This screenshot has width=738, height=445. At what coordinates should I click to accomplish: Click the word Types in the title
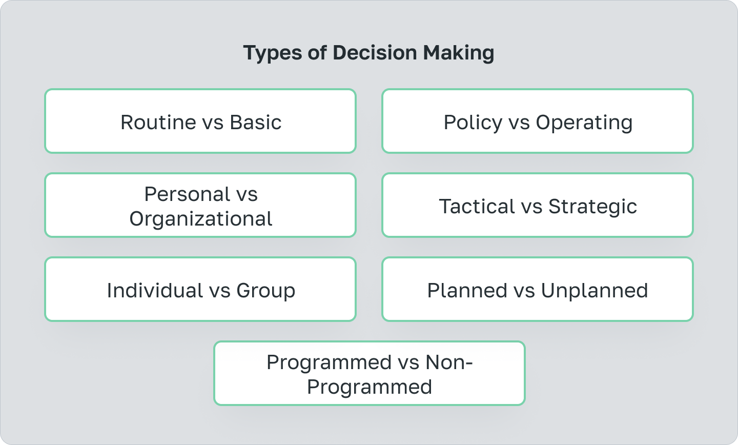(270, 53)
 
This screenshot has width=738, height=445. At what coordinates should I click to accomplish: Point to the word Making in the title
(459, 53)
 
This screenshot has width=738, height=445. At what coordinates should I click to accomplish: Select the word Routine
(158, 123)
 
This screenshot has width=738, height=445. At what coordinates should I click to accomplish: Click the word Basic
(255, 123)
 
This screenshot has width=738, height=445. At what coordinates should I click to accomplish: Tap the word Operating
(584, 123)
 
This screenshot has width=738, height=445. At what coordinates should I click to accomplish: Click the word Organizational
(201, 219)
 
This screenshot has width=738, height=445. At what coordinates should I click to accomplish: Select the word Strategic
(592, 207)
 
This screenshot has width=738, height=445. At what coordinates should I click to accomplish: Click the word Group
(265, 291)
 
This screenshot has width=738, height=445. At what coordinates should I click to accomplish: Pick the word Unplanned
(594, 291)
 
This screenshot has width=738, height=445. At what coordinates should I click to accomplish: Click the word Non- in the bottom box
(449, 362)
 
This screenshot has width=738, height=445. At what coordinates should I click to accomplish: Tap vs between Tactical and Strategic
(531, 207)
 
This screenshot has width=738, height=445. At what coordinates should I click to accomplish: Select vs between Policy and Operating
(519, 123)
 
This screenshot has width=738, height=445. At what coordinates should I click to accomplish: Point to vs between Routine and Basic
(213, 123)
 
